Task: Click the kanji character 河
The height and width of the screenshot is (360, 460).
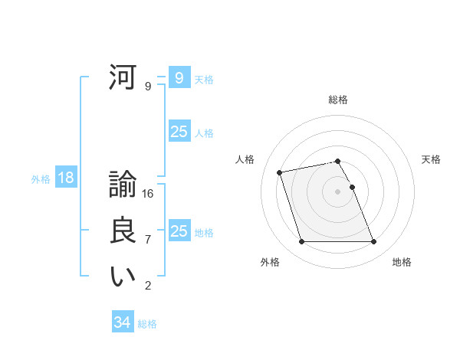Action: click(x=123, y=78)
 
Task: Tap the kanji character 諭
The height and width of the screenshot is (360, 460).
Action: click(x=123, y=185)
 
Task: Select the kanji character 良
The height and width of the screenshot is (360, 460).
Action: click(x=123, y=231)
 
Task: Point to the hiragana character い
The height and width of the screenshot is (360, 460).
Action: click(x=123, y=277)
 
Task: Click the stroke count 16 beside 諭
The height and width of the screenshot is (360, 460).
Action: click(x=148, y=194)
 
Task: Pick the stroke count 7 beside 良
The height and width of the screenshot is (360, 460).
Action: click(x=148, y=240)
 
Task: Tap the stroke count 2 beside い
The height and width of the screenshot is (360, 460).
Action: click(x=148, y=286)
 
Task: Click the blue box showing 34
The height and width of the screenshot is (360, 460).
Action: click(x=122, y=322)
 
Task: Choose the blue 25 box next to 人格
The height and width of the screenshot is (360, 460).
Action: click(x=179, y=132)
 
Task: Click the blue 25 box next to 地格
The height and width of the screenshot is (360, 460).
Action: click(x=179, y=231)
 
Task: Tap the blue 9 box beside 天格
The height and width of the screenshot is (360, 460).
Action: click(x=179, y=78)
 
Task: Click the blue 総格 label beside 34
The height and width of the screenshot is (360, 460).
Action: click(x=147, y=324)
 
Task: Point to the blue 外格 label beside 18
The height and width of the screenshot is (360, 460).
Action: click(x=41, y=180)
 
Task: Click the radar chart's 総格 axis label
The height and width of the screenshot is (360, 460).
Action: click(x=338, y=100)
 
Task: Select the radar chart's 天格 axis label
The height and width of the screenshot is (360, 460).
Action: click(x=432, y=159)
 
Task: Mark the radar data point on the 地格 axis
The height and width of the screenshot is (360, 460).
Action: click(x=373, y=242)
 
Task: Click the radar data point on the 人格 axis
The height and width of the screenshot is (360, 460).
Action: click(x=280, y=172)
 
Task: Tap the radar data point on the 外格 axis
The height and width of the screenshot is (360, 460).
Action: click(x=301, y=242)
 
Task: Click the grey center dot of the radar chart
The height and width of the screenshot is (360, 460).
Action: click(x=338, y=191)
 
